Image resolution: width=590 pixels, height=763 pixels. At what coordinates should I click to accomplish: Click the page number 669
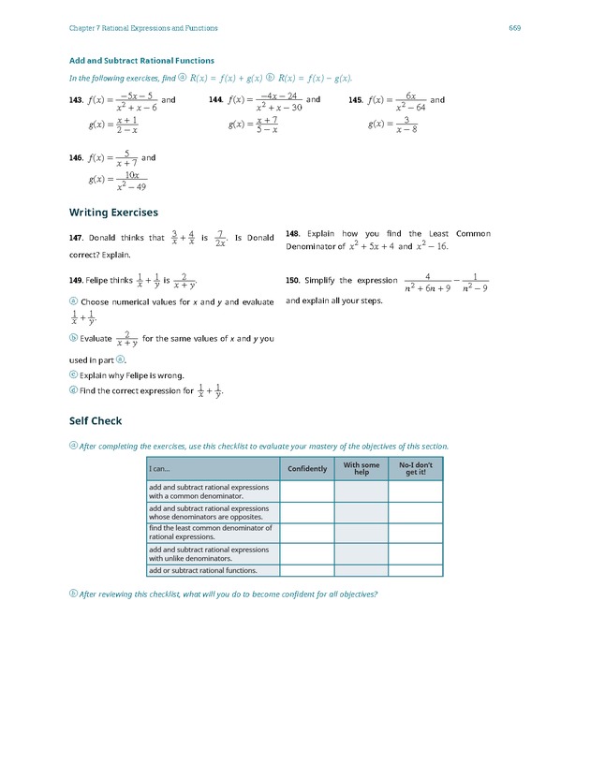(514, 28)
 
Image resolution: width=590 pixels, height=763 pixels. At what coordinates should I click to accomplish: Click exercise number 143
(77, 100)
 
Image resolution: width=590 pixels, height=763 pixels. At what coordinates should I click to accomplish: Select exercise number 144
(215, 100)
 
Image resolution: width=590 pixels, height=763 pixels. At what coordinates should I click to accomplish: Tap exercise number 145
(356, 100)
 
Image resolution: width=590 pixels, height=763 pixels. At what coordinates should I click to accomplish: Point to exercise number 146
(77, 158)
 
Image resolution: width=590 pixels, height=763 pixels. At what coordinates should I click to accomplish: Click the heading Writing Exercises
(113, 213)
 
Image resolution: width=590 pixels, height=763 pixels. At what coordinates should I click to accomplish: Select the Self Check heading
(96, 420)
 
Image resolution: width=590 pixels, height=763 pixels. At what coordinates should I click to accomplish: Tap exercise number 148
(293, 234)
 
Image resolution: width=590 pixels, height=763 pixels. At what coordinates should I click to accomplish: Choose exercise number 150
(293, 280)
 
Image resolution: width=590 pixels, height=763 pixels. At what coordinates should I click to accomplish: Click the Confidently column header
(307, 469)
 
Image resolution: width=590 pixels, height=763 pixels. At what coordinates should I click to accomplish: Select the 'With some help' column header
(361, 469)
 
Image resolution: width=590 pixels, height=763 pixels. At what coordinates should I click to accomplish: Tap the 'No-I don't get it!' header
(415, 469)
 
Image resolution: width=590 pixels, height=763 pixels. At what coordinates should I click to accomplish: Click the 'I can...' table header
(160, 469)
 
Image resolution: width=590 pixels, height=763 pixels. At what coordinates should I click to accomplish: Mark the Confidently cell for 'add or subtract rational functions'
(307, 570)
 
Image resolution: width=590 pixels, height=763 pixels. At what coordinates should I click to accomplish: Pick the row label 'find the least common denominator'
(211, 533)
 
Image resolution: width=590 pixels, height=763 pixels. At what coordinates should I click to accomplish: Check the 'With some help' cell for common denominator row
(361, 492)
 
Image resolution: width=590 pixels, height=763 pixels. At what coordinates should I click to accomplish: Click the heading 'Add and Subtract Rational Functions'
(141, 61)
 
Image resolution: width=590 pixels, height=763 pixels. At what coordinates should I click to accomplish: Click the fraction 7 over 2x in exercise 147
(218, 238)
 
